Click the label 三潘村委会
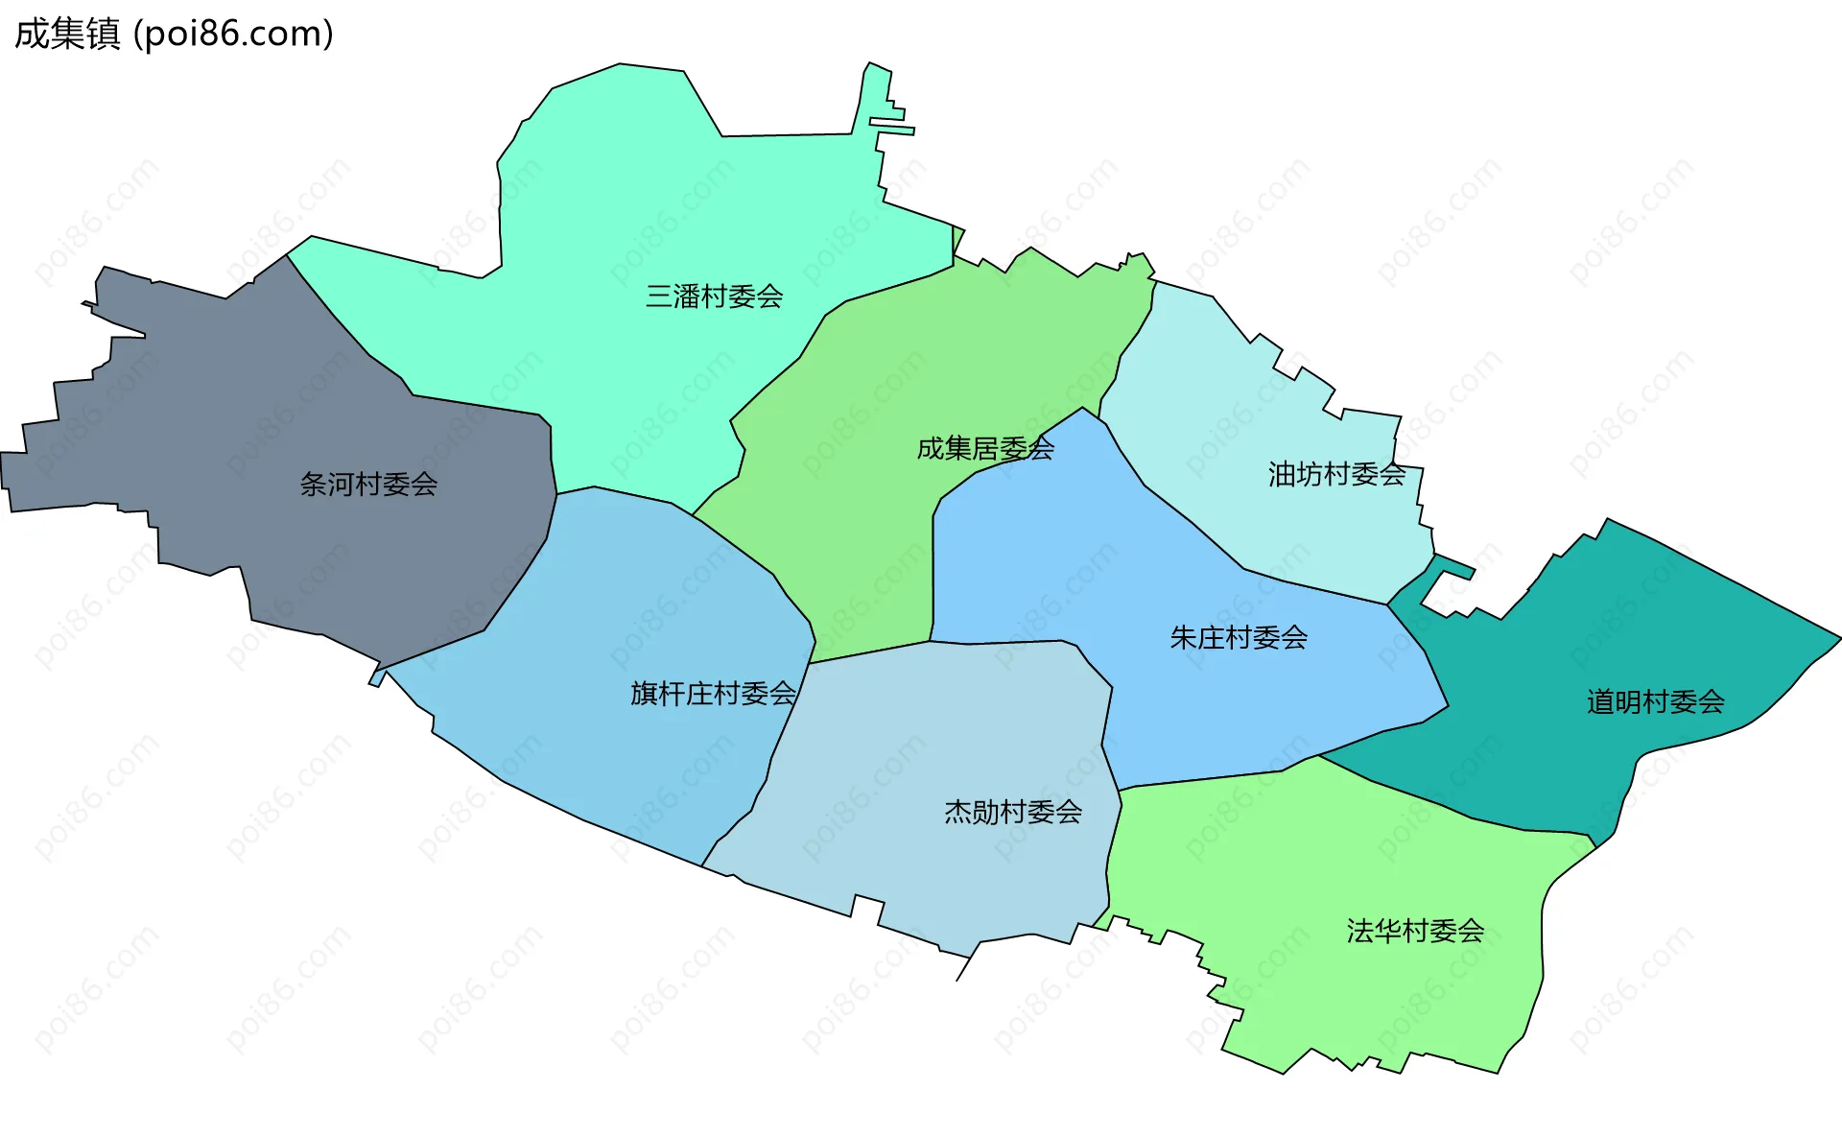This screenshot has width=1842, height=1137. click(714, 296)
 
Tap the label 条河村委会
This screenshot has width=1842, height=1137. click(368, 485)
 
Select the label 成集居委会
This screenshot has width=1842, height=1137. click(985, 448)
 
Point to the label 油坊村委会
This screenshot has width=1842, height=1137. click(1336, 474)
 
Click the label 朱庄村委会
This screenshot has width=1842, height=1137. click(1239, 638)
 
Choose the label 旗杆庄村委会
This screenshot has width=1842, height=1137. click(713, 694)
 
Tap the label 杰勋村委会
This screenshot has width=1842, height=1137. click(1013, 813)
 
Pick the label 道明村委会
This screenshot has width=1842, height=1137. click(1655, 702)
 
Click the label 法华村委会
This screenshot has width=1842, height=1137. click(1415, 931)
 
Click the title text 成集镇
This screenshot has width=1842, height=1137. click(67, 34)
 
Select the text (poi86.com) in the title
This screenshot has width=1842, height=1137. click(233, 34)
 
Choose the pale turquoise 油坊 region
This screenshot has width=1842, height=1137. click(1247, 403)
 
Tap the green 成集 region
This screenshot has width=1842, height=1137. click(863, 537)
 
